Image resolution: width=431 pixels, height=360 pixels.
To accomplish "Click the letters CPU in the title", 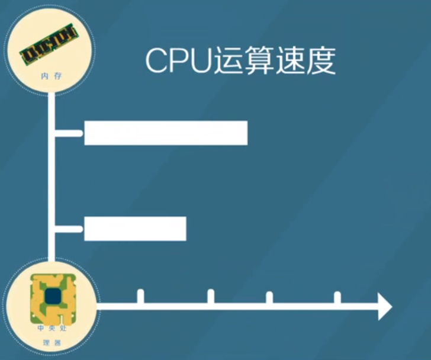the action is tap(179, 60).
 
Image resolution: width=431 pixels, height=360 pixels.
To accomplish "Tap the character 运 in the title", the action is tap(228, 60).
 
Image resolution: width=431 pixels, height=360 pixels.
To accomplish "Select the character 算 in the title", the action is tap(259, 60).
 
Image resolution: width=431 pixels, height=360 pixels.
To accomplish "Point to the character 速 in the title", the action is tap(290, 60).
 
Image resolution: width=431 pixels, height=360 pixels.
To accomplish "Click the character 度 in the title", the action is tap(321, 60).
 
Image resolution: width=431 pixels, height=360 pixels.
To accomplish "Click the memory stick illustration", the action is tap(49, 44).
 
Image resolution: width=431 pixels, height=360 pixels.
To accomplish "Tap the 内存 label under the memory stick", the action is tap(51, 76).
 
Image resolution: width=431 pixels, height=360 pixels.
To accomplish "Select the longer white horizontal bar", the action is tap(166, 133).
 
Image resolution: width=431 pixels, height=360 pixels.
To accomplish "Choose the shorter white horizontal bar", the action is tap(135, 229).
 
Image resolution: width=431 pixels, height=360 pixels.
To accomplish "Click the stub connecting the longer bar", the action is tap(69, 133).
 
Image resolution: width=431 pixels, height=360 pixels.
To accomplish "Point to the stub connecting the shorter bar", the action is tap(69, 229).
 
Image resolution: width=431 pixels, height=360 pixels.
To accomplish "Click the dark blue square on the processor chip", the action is tap(53, 297).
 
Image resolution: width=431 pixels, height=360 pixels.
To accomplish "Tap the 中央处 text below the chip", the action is tap(52, 328).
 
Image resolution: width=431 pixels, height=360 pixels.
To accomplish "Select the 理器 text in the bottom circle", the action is tap(52, 343).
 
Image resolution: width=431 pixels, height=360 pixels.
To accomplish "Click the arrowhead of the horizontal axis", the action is tap(385, 306).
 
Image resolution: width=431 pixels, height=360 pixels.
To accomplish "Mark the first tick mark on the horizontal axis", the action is tap(140, 296).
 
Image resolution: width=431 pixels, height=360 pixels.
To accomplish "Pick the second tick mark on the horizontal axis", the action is tap(211, 296).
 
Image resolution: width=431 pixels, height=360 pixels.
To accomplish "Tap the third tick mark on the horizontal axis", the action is tap(269, 297).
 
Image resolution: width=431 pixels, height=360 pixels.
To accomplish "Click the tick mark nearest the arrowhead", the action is tap(337, 297).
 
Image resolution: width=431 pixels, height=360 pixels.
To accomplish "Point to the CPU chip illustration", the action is tap(53, 299).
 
